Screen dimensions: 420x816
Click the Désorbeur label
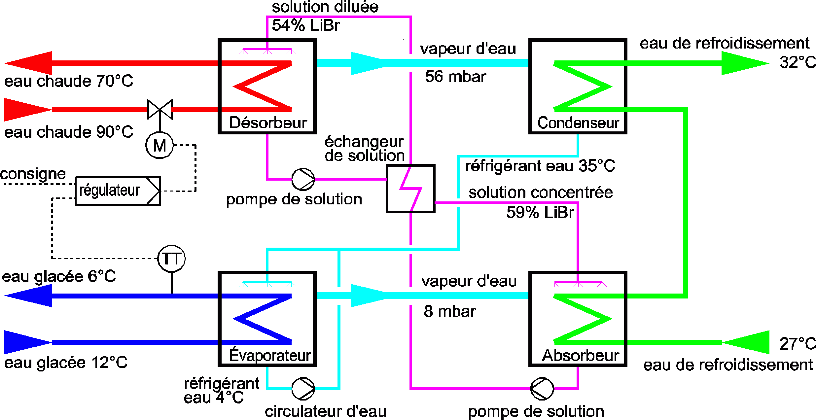[268, 123]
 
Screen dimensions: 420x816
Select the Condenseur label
[578, 123]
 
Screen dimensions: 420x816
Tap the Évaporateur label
[270, 356]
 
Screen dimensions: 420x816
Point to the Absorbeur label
[581, 356]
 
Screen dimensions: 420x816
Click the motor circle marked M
[160, 145]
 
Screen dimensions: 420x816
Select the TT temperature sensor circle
[171, 259]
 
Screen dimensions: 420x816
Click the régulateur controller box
[118, 191]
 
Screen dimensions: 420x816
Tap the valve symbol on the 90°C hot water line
[160, 109]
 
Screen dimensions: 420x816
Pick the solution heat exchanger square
[410, 189]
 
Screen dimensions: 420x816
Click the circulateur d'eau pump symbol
[303, 389]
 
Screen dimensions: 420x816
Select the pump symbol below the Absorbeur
[542, 389]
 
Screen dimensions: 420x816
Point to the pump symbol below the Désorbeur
[303, 179]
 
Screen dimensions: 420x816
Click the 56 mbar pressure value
[455, 77]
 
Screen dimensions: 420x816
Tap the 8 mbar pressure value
[450, 311]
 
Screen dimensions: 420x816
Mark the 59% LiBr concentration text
[540, 212]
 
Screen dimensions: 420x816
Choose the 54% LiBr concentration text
[305, 25]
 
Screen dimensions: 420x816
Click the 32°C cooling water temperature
[798, 62]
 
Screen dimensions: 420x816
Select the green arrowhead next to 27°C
[746, 342]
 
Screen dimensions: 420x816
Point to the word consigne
[33, 174]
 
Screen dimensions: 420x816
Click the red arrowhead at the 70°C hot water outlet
[29, 63]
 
